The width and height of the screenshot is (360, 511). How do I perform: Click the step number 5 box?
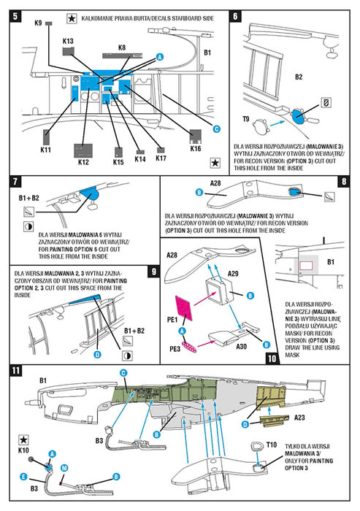point(16,16)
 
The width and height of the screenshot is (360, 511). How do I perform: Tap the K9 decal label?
point(38,23)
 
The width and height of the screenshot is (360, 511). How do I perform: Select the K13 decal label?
point(68,41)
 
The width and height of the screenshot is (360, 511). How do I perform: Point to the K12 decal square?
point(83,150)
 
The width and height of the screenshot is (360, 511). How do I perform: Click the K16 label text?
point(196,149)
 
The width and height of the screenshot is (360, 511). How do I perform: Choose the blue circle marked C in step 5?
point(217,129)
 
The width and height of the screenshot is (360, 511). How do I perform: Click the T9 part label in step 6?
point(246,119)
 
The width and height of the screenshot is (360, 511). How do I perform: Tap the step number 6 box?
point(235,15)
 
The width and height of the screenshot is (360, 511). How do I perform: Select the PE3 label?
point(175,349)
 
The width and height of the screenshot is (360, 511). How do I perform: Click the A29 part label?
point(233,274)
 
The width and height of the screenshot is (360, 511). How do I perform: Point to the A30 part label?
point(241,346)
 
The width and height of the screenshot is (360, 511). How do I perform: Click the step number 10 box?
point(272,358)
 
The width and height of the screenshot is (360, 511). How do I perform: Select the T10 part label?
point(272,445)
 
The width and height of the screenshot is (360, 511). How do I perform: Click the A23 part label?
point(299,418)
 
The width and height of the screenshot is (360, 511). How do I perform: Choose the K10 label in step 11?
point(23,450)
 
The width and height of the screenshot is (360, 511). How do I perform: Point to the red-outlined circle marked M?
point(64,468)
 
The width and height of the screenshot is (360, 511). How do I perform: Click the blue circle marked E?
point(23,477)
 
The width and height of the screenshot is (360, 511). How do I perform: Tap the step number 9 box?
point(154,271)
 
